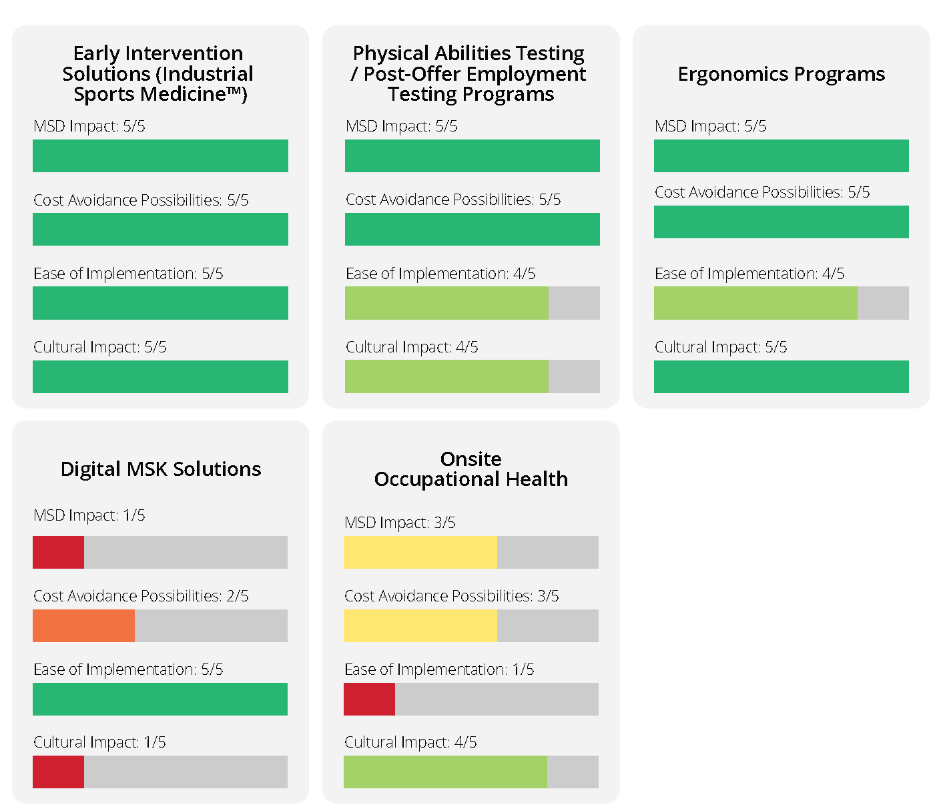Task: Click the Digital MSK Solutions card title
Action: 160,469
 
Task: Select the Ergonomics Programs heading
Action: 781,74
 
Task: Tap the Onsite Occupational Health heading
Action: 471,469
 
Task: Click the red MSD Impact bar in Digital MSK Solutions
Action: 59,552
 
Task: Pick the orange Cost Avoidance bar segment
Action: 83,625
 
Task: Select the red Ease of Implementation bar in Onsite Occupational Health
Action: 369,699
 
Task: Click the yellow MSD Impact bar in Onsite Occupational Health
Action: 420,552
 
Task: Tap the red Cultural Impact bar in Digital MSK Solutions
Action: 59,772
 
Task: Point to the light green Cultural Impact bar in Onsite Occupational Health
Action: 445,772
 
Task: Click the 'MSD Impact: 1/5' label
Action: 89,515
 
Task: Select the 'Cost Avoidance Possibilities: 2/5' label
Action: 141,596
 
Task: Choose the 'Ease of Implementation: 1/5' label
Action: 439,669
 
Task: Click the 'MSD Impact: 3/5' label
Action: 400,523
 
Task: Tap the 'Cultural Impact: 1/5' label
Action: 99,742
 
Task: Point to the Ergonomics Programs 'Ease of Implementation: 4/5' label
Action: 749,274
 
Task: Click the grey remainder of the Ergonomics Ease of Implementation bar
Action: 883,303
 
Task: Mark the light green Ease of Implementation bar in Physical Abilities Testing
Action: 446,303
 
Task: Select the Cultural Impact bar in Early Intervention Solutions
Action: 160,376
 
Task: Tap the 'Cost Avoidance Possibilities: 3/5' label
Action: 452,596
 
